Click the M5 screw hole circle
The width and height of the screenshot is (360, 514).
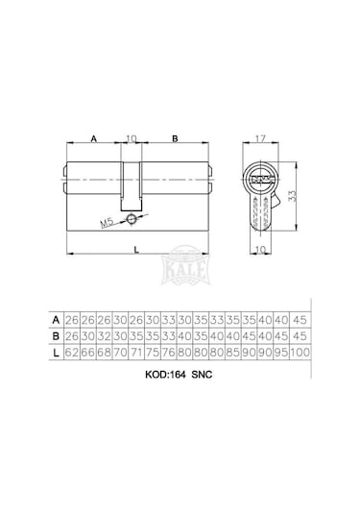[x=132, y=220]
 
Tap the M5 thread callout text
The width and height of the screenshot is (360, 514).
[x=107, y=223]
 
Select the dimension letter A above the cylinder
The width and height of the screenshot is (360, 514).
[x=94, y=138]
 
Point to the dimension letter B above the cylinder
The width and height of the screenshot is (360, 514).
[x=175, y=138]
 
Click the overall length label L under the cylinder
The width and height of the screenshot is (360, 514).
[x=136, y=250]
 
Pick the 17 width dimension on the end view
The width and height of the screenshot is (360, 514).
[x=260, y=138]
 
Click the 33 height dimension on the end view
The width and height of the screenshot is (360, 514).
[x=292, y=196]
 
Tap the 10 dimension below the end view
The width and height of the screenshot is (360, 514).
[x=260, y=250]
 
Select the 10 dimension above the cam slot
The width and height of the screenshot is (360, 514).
[x=131, y=138]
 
